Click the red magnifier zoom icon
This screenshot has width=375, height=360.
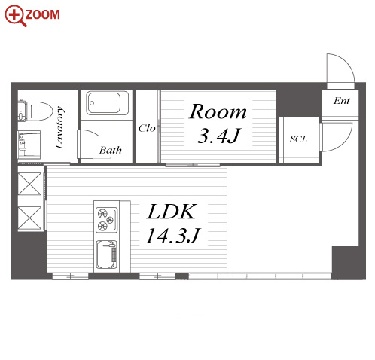pos(16,16)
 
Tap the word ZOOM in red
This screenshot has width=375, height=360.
pos(42,14)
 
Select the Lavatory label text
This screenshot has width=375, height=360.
pos(59,127)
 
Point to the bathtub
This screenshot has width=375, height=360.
pos(107,103)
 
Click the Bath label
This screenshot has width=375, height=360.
pos(111,150)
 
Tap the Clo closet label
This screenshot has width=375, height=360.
pos(147,128)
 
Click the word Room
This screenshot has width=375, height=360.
pos(218,111)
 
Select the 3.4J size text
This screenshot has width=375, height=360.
pos(219,136)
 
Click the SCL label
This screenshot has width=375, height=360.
pos(298,139)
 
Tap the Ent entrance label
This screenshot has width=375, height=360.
pos(342,101)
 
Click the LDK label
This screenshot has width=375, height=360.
pos(172,212)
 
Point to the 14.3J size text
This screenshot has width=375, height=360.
pos(173,236)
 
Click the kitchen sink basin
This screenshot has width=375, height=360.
pos(107,255)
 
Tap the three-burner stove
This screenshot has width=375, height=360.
pos(107,220)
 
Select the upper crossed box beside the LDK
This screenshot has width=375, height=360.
pos(29,184)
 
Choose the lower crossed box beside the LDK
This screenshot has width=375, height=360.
pos(29,218)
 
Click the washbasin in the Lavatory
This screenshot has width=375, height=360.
pos(29,145)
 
